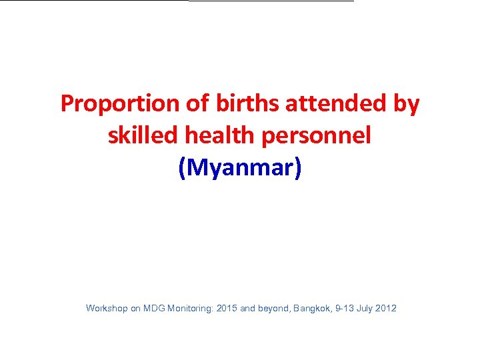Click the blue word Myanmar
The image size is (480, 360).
[240, 168]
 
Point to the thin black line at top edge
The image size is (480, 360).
[271, 1]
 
